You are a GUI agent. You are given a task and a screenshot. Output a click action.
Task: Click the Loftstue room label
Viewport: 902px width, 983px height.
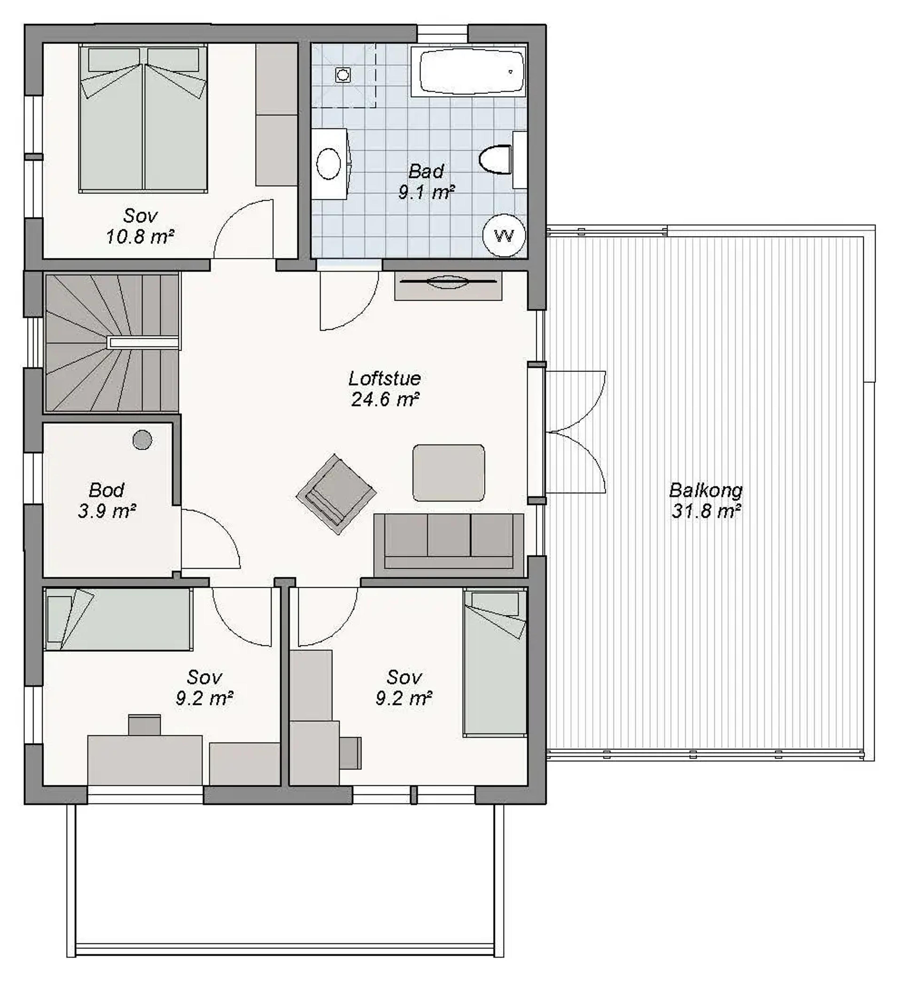pyautogui.click(x=385, y=389)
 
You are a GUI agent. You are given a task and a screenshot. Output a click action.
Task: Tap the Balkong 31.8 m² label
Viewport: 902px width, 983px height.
pyautogui.click(x=706, y=501)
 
